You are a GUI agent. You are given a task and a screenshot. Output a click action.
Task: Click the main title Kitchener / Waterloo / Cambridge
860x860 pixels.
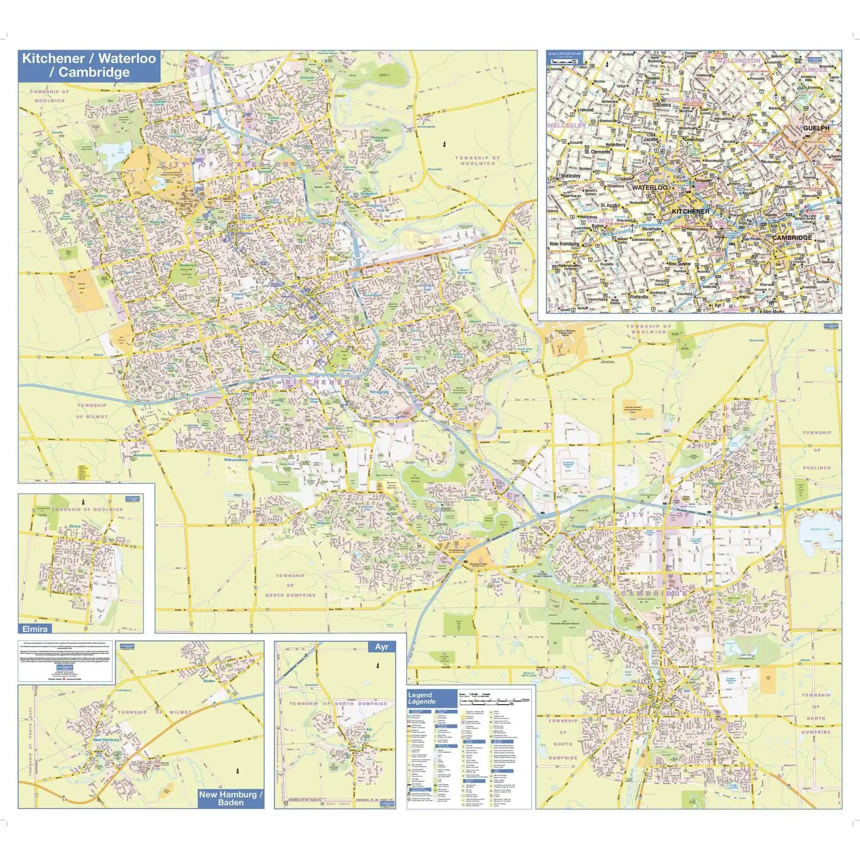pos(89,65)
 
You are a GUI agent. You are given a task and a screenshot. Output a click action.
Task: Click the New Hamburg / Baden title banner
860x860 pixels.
pos(231,798)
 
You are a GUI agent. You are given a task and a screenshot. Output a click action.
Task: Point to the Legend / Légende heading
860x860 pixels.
pos(421,698)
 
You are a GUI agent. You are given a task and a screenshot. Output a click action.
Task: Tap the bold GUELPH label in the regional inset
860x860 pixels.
pos(816,128)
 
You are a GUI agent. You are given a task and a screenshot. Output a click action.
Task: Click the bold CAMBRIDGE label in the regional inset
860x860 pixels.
pos(792,238)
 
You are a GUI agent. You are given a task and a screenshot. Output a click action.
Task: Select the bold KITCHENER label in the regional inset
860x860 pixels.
pos(690,212)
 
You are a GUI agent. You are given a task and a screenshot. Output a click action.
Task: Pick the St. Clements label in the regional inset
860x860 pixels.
pos(597,152)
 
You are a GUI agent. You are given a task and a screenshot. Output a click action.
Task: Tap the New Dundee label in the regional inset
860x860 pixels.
pos(679,264)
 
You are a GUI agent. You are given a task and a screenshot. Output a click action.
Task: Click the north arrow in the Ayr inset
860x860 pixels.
pos(378,666)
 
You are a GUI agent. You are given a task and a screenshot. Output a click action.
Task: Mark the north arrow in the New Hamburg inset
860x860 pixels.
pos(238,770)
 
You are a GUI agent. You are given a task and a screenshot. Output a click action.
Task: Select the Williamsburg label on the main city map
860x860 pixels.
pos(236,459)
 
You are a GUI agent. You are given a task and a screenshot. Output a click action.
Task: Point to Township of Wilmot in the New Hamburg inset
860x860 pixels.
pos(154,713)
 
